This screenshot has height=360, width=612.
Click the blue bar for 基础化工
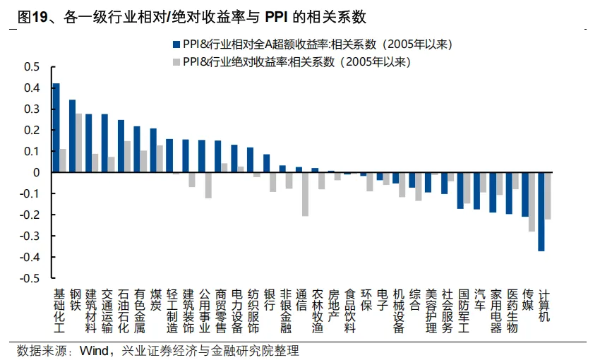(56, 128)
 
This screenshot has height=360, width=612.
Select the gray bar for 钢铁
(79, 143)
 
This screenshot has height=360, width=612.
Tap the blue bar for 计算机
(541, 212)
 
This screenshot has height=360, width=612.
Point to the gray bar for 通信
(306, 194)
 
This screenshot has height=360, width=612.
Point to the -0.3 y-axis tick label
(30, 236)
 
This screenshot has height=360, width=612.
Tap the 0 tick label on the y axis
(37, 172)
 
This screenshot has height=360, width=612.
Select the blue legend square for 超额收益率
(175, 44)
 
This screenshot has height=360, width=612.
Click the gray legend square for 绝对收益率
(175, 61)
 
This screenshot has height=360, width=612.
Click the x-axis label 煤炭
(155, 300)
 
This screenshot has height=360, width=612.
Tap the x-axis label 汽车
(479, 300)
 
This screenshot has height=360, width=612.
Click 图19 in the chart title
(31, 16)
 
